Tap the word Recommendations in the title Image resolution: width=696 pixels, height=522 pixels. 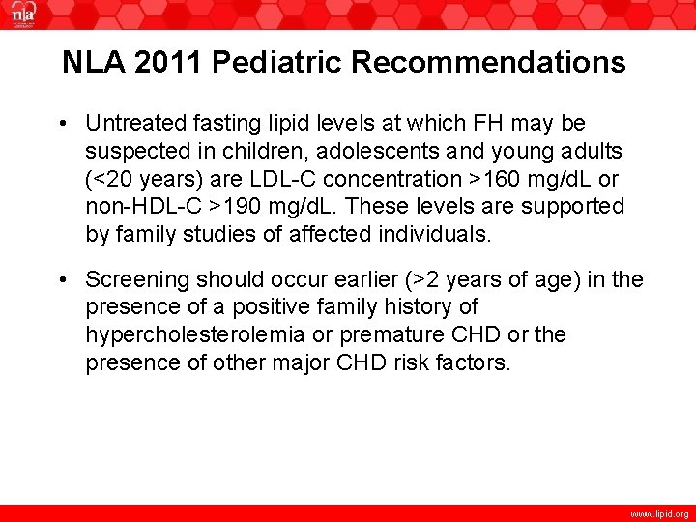point(488,63)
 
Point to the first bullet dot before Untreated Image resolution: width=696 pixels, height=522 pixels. point(62,124)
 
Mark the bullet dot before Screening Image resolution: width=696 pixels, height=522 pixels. point(62,280)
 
